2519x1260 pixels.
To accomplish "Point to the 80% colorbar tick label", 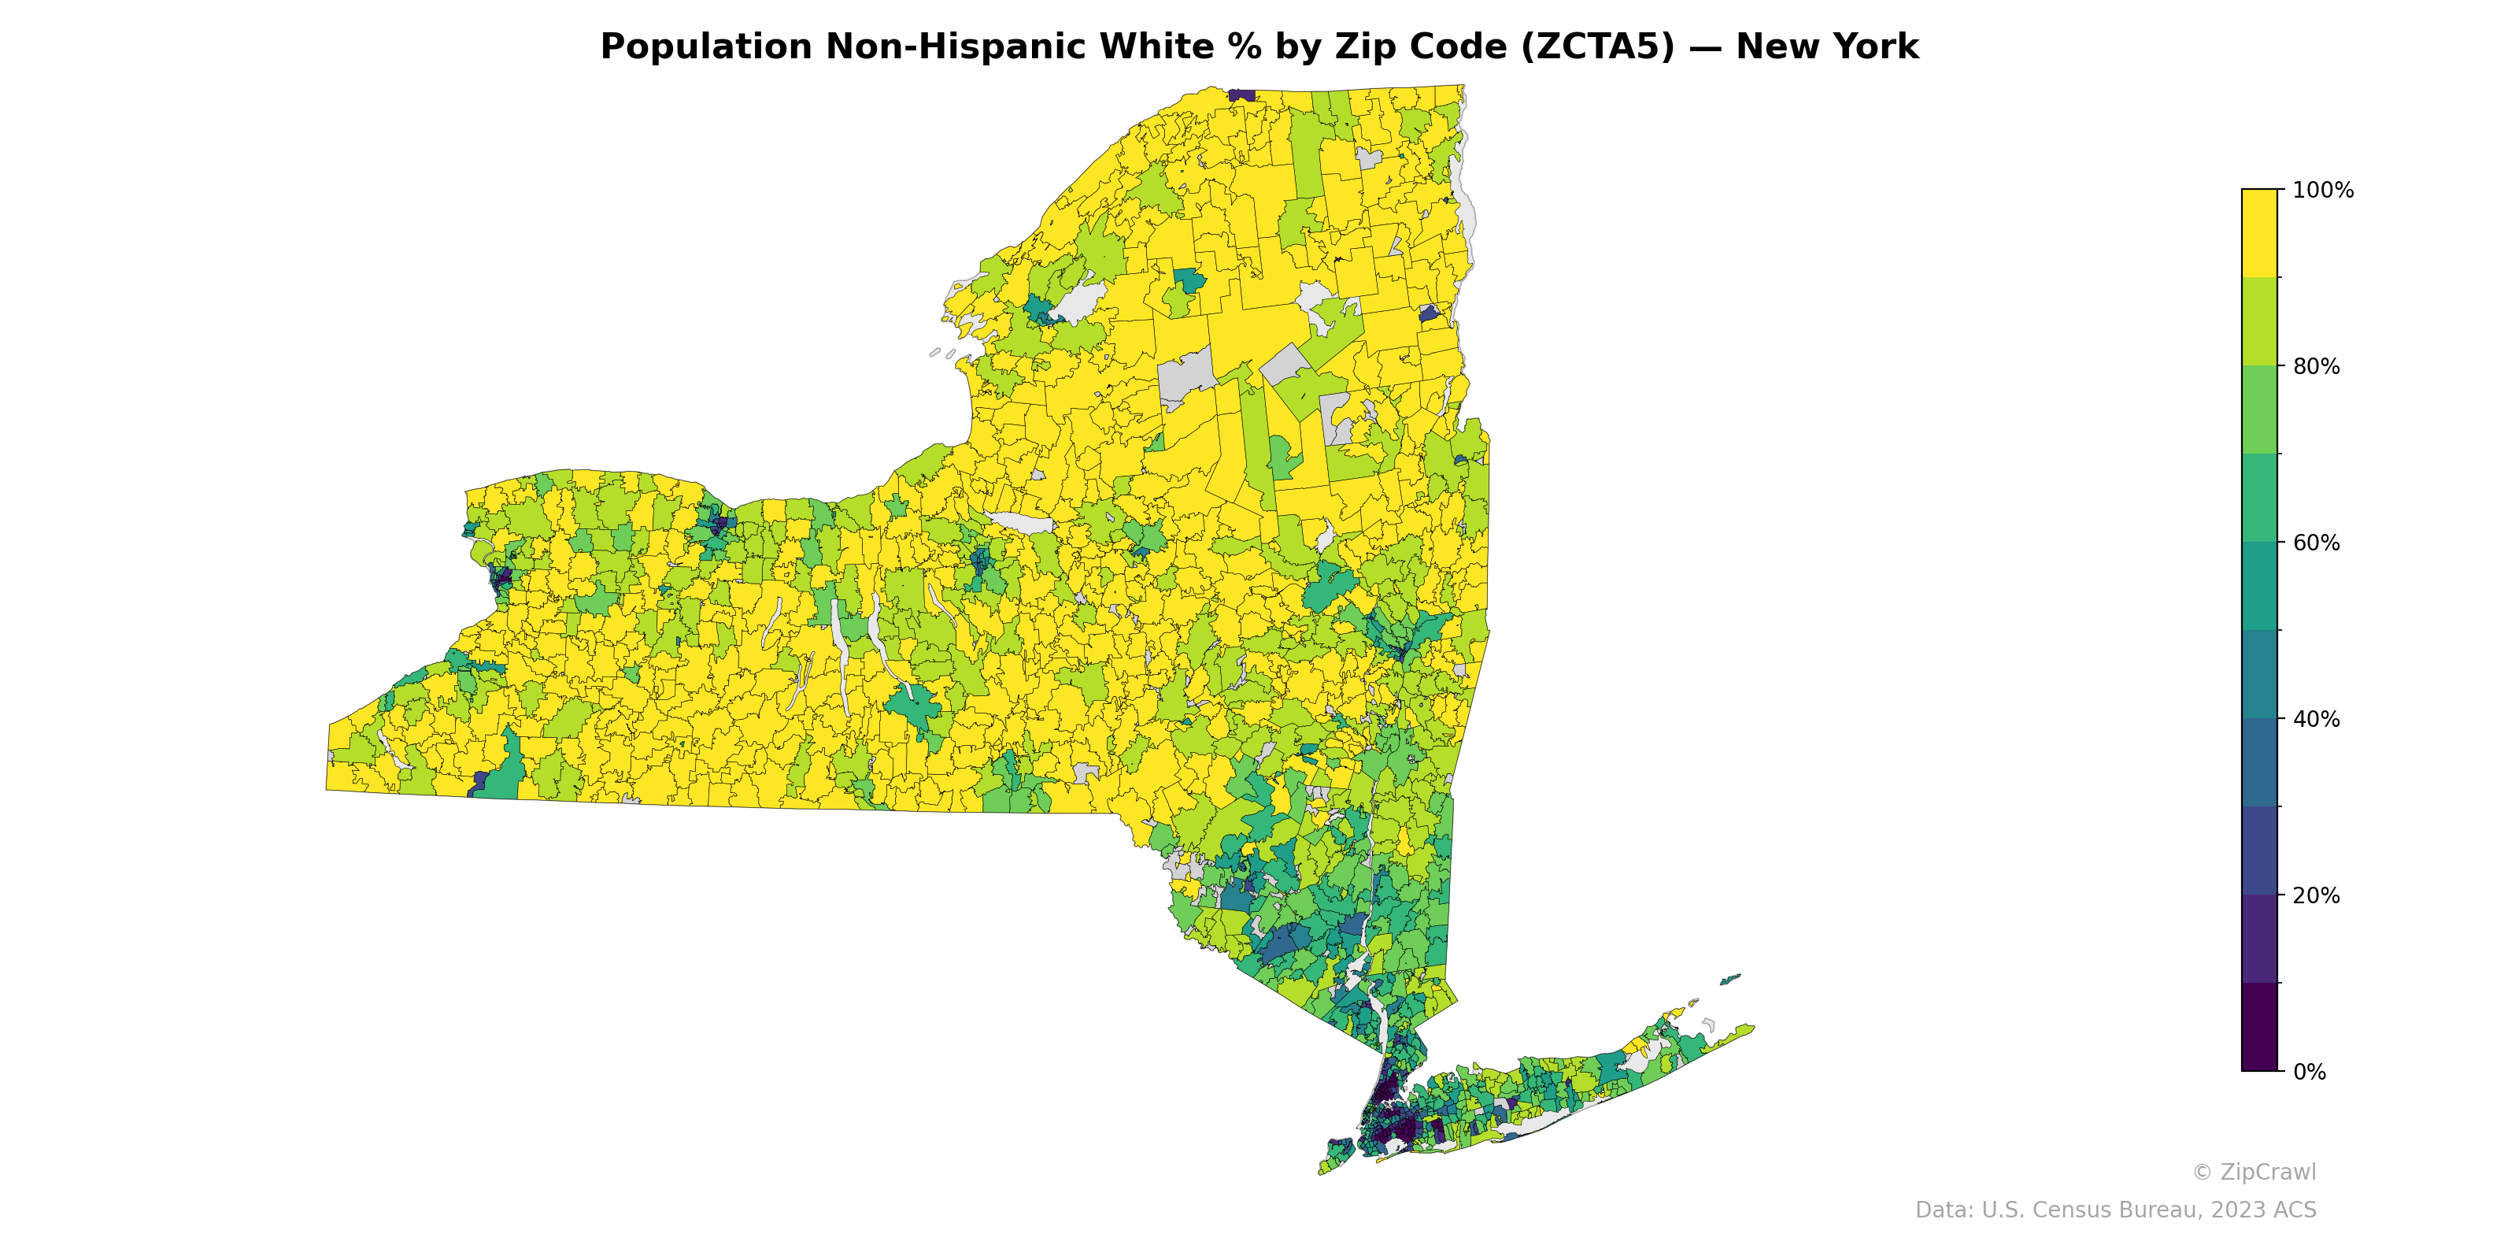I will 2316,367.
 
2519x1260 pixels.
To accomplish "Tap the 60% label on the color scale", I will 2316,543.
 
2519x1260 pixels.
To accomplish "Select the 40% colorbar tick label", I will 2316,719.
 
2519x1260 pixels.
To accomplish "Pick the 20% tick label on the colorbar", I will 2316,895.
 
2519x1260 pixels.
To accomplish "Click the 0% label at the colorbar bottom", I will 2310,1072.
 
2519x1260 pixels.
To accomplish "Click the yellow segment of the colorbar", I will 2259,233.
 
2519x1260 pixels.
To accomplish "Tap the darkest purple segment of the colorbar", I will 2259,1027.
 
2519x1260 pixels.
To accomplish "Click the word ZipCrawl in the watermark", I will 2268,1172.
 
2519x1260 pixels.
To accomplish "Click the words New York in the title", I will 1826,47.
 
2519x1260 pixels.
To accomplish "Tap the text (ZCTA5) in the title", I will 1598,47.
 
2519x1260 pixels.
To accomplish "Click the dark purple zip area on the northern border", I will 1241,94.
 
